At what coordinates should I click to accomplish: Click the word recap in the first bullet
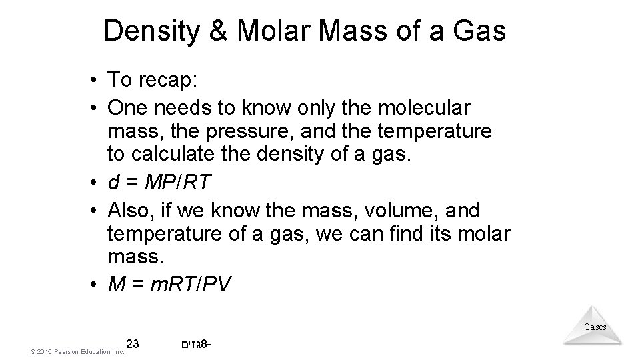coord(167,81)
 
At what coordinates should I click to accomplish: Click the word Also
coord(133,211)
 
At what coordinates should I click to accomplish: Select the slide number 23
coord(132,344)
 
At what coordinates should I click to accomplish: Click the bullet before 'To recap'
coord(96,81)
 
